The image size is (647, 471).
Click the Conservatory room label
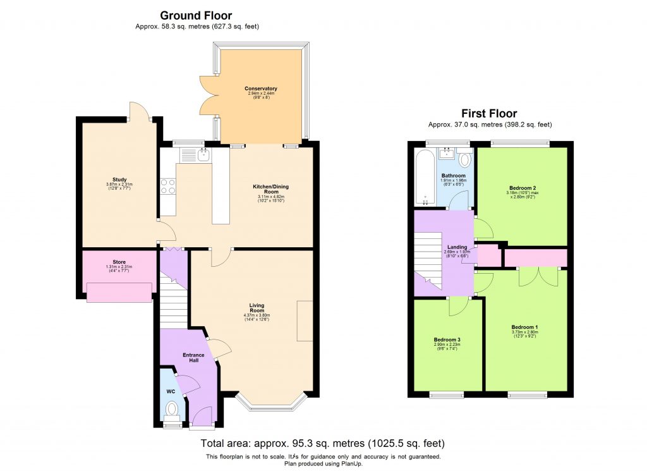[261, 89]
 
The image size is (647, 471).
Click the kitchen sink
[204, 154]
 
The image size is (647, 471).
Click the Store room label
[119, 262]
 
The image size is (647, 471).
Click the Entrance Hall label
[193, 358]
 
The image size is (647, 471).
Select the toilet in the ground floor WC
[171, 411]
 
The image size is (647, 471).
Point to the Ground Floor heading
[196, 15]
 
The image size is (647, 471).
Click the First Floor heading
[489, 114]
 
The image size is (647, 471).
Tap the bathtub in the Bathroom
[424, 178]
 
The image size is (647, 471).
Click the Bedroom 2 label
[523, 188]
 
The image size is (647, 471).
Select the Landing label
[457, 247]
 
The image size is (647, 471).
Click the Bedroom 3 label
[447, 340]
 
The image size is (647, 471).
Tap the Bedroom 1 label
[524, 327]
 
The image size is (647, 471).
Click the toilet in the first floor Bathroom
[466, 159]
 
